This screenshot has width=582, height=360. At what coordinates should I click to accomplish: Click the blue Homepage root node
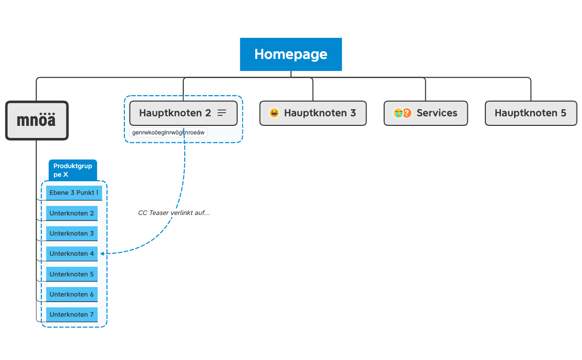(290, 54)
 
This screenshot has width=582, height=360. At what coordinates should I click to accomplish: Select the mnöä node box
(37, 120)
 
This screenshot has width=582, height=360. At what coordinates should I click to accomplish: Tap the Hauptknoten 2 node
(175, 113)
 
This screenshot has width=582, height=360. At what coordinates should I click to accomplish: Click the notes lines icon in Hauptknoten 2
(222, 113)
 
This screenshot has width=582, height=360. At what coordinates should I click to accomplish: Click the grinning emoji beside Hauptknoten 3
(274, 113)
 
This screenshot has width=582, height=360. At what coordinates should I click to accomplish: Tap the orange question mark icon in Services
(407, 113)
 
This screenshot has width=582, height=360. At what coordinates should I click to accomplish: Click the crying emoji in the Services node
(398, 113)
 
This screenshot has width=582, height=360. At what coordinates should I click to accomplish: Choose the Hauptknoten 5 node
(530, 113)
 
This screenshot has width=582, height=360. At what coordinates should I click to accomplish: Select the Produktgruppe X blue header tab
(72, 170)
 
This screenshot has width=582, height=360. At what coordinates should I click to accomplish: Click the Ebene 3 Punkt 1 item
(74, 193)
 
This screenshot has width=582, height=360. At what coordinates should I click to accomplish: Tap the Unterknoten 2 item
(71, 213)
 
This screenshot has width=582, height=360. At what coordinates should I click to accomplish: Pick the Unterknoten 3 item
(71, 233)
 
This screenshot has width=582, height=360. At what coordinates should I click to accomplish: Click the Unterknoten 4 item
(71, 253)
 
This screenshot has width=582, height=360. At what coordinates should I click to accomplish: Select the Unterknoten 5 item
(71, 274)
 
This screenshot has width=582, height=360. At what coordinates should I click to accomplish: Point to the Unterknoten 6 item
(71, 294)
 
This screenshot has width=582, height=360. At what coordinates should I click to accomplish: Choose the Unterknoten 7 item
(71, 314)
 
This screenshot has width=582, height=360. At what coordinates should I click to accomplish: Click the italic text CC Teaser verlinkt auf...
(174, 213)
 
